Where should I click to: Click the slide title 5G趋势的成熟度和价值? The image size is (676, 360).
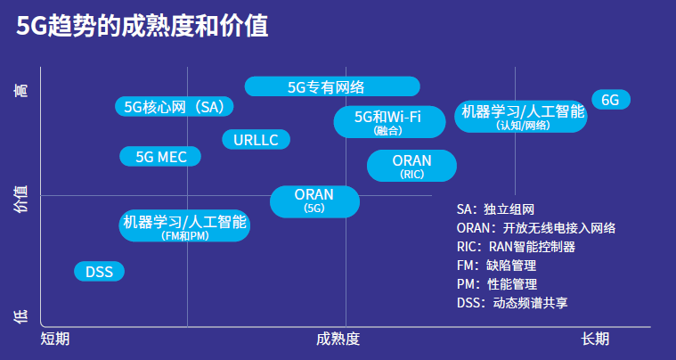143,26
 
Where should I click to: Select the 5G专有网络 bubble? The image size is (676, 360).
331,86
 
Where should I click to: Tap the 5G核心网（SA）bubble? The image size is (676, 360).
175,107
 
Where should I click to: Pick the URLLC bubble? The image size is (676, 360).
256,139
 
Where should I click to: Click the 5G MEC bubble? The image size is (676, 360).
160,157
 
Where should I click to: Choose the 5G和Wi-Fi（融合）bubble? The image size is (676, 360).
388,122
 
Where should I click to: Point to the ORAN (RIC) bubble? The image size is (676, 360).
411,166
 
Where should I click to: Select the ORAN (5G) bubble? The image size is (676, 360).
314,200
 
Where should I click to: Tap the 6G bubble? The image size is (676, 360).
610,100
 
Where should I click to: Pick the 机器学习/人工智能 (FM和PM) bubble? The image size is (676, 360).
184,225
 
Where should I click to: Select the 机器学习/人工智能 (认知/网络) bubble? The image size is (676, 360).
521,117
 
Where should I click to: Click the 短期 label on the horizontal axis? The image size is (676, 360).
55,339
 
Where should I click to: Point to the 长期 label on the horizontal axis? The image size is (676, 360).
595,339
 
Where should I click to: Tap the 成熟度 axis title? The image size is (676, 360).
338,339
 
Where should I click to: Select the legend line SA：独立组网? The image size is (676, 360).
495,209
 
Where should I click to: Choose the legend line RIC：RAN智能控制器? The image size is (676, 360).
516,247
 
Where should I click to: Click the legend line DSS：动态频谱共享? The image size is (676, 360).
512,303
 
